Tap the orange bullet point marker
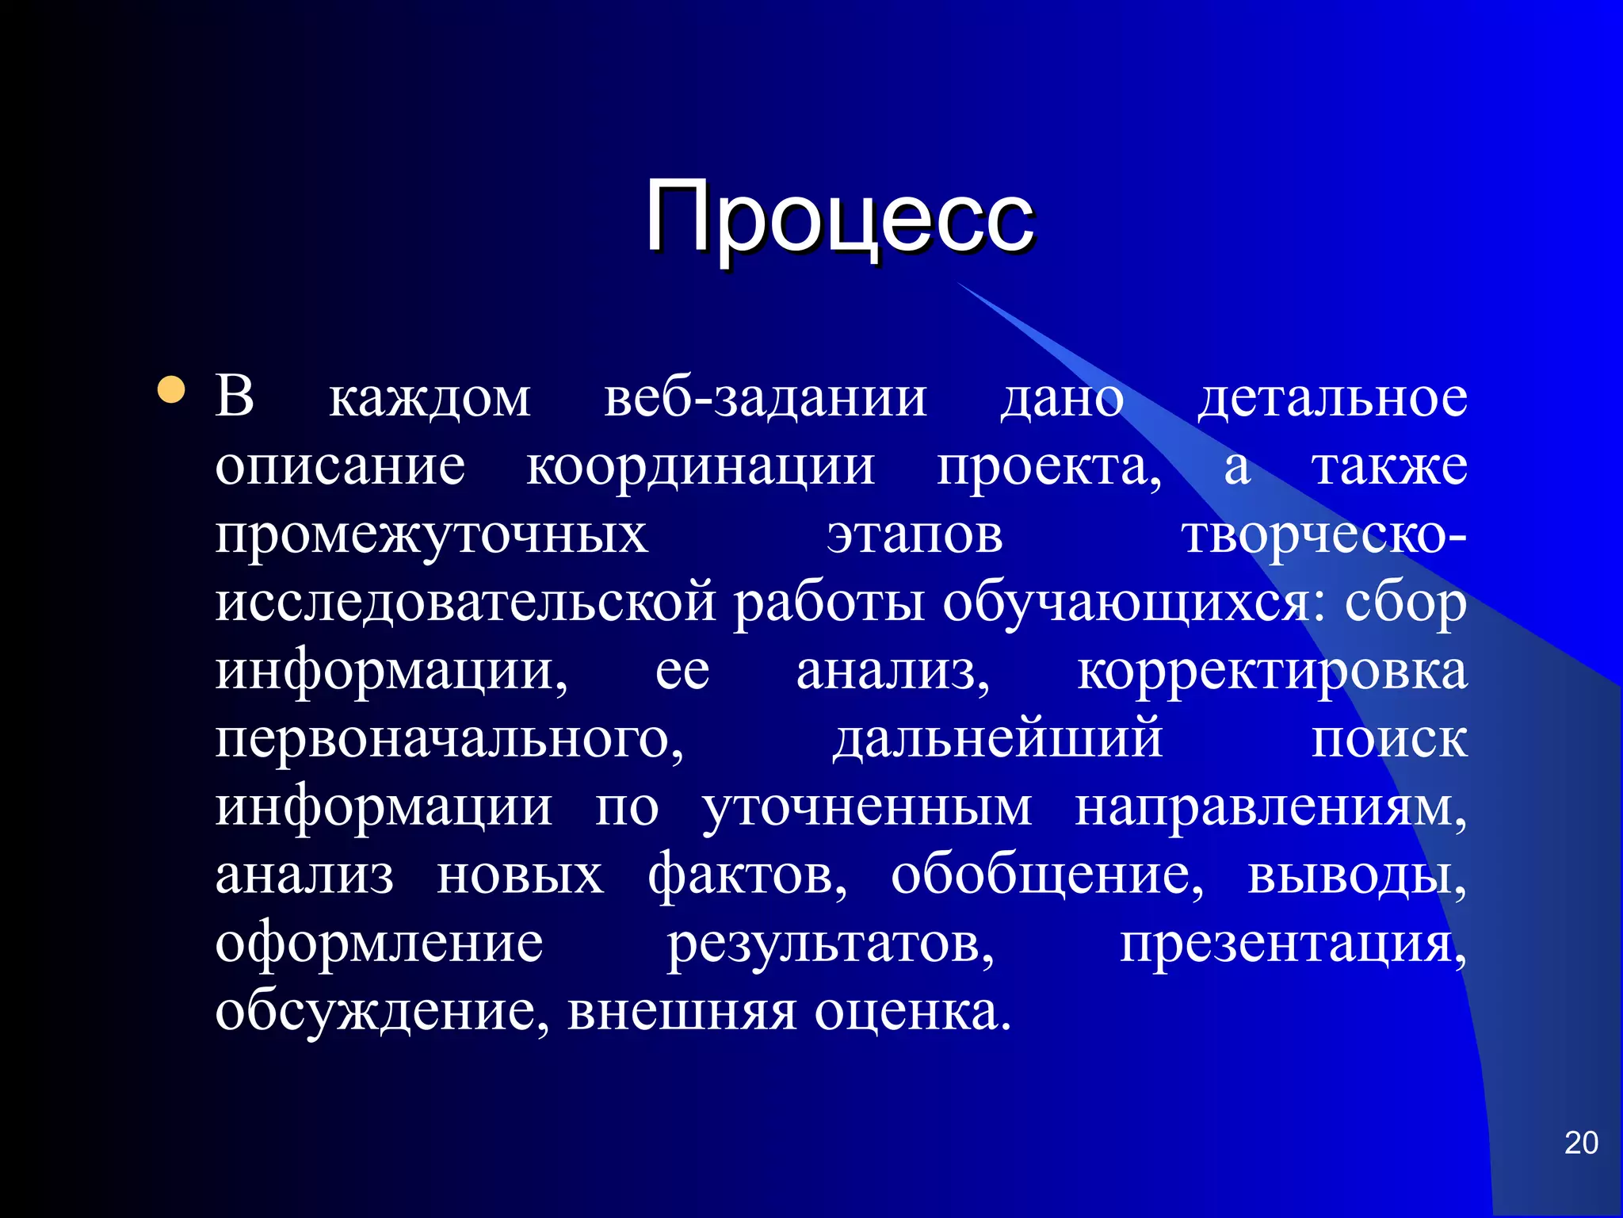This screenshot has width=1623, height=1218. coord(171,390)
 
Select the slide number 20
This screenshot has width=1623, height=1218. coord(1581,1143)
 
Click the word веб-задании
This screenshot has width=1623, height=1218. coord(766,398)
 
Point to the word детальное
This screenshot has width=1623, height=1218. coord(1332,398)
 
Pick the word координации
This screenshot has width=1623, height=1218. coord(701,466)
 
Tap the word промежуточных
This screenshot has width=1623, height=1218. coord(432,536)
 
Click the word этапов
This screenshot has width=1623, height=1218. coord(915,536)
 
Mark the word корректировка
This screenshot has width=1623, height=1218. coord(1272,672)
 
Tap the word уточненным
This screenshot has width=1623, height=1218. coord(867,809)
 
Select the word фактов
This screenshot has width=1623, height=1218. coord(747,875)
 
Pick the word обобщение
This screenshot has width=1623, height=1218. coord(1046,877)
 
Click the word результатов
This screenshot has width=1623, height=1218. coord(830,945)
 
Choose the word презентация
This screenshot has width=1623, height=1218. coord(1292,945)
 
